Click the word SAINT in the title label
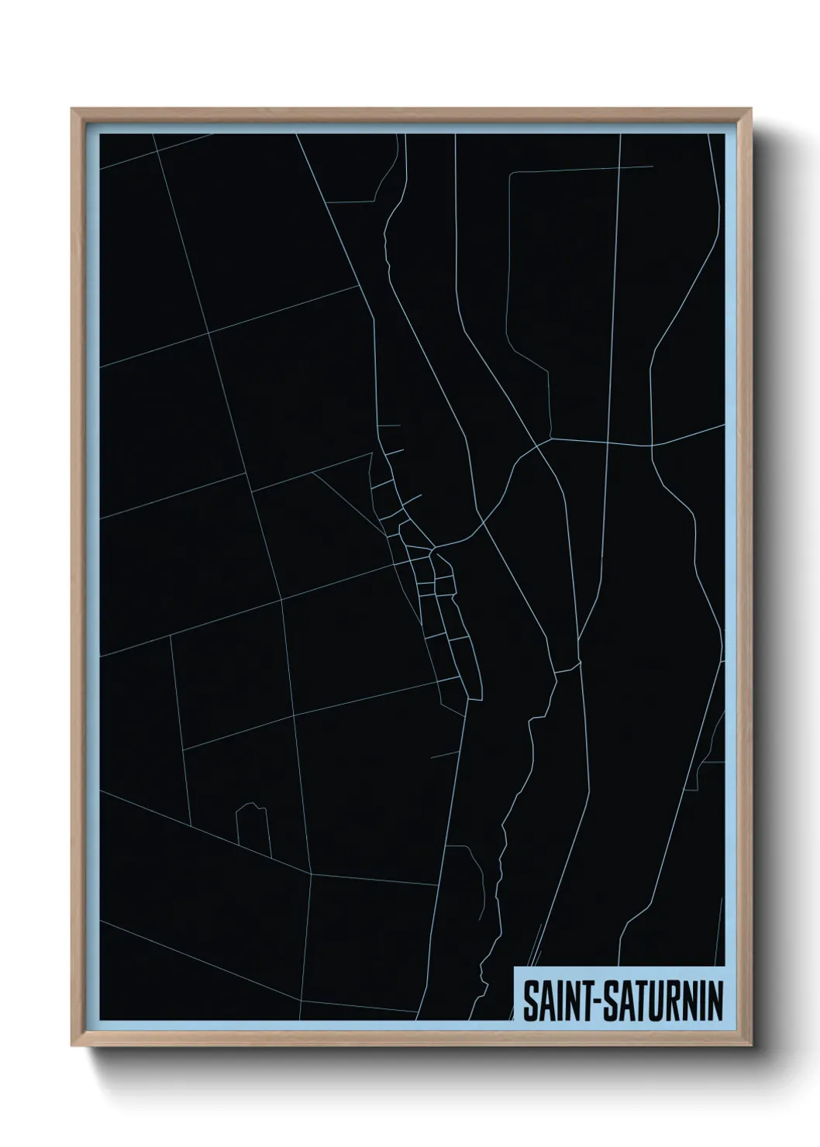552,1003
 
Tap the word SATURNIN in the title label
659,1003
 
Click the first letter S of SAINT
529,1003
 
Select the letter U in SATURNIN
653,1003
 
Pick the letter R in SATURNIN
671,1003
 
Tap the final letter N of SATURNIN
715,1003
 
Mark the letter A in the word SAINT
542,1003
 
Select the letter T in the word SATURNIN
637,1003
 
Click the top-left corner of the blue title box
515,967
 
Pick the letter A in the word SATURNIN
622,1003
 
